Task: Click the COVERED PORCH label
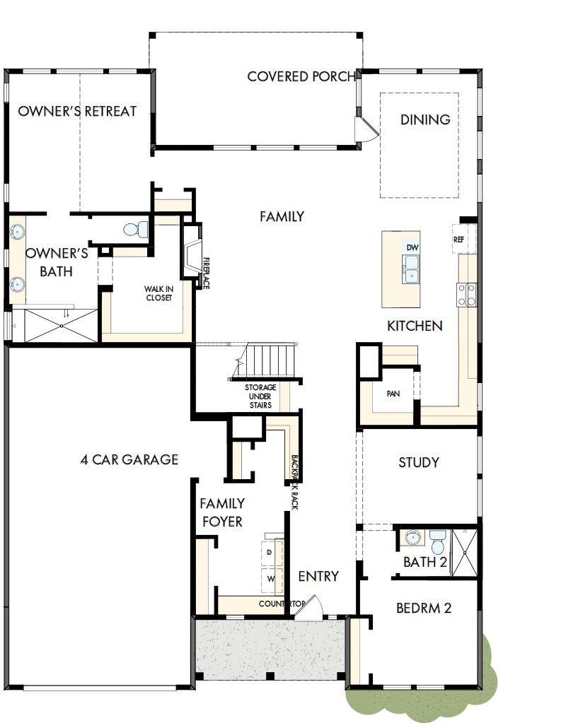(x=301, y=76)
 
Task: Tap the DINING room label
(x=425, y=119)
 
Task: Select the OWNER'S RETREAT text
(x=77, y=111)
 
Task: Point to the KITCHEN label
(x=415, y=326)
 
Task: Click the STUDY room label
(x=418, y=462)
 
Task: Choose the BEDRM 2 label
(x=423, y=607)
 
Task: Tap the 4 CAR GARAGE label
(x=129, y=459)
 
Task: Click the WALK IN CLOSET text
(x=158, y=293)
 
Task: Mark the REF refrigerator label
(x=458, y=240)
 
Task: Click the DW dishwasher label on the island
(x=412, y=247)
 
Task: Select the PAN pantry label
(x=393, y=394)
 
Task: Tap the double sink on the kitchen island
(x=411, y=269)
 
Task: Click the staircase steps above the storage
(x=269, y=361)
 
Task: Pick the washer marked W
(x=270, y=579)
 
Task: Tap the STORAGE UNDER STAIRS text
(x=260, y=396)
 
